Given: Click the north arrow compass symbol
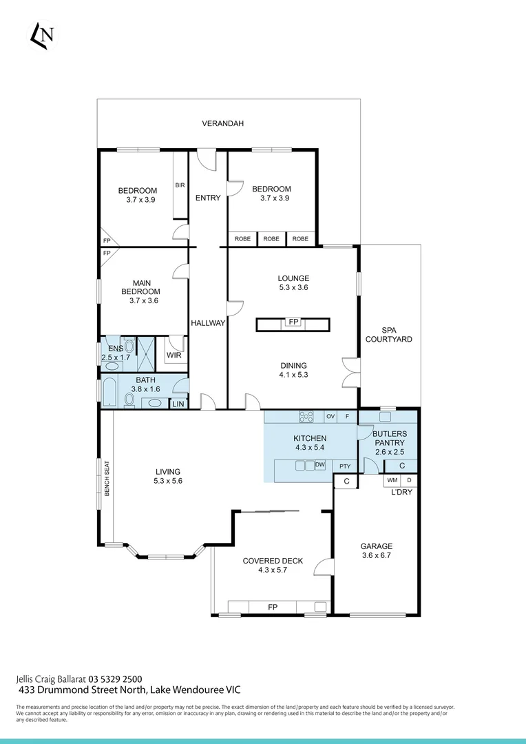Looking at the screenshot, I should pos(41,36).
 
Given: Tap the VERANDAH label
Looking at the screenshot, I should pos(222,124).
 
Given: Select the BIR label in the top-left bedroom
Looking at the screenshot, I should pos(180,185).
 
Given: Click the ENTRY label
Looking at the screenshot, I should pos(208,198).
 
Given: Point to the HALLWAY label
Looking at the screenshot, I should pos(208,323).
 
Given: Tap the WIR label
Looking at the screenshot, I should pos(173,355).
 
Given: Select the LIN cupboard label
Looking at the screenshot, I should pos(178,404).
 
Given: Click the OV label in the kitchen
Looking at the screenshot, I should pos(330,417).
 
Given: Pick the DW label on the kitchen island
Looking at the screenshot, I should pos(319,466).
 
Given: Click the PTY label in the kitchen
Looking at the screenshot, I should pos(345,466).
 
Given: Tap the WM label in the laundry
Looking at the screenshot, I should pos(392,479).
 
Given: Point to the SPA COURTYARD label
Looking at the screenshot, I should pos(389,335).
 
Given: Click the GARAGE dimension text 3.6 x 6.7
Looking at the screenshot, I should pos(376,555).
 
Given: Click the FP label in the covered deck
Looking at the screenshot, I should pos(273,607).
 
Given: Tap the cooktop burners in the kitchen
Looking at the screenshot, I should pos(306,416).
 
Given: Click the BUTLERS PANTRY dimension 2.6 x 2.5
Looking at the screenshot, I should pos(389,452).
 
